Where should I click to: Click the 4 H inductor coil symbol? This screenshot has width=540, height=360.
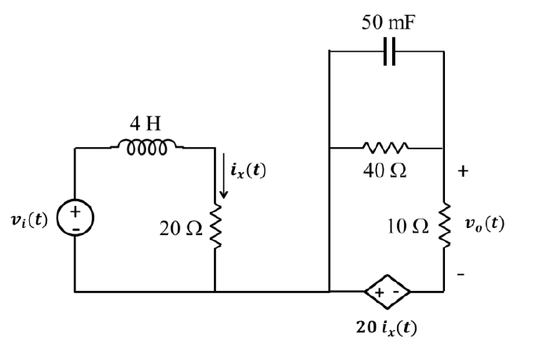click(148, 146)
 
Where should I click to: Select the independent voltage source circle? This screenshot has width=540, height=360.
click(76, 219)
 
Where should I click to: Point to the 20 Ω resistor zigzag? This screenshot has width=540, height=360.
click(215, 227)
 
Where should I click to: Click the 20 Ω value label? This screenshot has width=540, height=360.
click(182, 228)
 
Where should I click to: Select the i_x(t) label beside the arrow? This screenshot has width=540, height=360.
click(248, 168)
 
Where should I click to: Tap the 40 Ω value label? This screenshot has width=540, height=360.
click(384, 171)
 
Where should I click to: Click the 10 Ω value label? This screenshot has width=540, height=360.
click(409, 227)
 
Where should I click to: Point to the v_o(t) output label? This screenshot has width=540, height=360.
click(483, 222)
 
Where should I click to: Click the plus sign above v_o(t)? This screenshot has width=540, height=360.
click(463, 171)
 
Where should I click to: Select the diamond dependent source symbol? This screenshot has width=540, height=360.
click(388, 292)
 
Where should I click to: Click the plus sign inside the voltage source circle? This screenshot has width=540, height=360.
click(76, 211)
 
